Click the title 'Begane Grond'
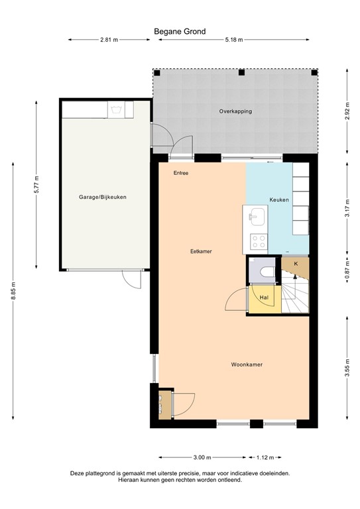coord(180,31)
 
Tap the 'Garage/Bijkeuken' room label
coord(103,197)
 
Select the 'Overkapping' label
coord(235,111)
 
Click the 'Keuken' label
coord(278,199)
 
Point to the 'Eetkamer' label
coord(201,251)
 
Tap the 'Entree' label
coord(181,173)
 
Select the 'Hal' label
coord(263,298)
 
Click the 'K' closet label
coord(296,264)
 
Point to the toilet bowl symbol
coord(266,272)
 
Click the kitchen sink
coord(257,215)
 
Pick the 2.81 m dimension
coord(109,40)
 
